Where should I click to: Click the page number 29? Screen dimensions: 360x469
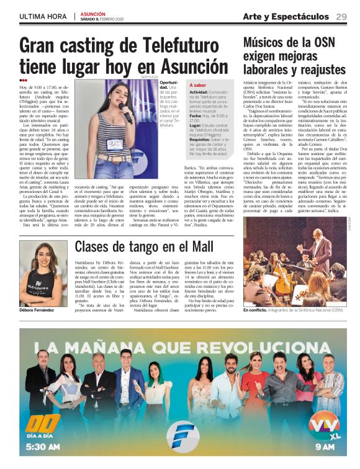(341, 16)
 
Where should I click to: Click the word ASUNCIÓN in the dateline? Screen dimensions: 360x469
(92, 13)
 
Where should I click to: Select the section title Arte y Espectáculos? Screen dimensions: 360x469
(286, 16)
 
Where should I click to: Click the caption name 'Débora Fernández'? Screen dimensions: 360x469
(36, 309)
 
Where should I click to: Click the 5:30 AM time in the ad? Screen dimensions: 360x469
(44, 446)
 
